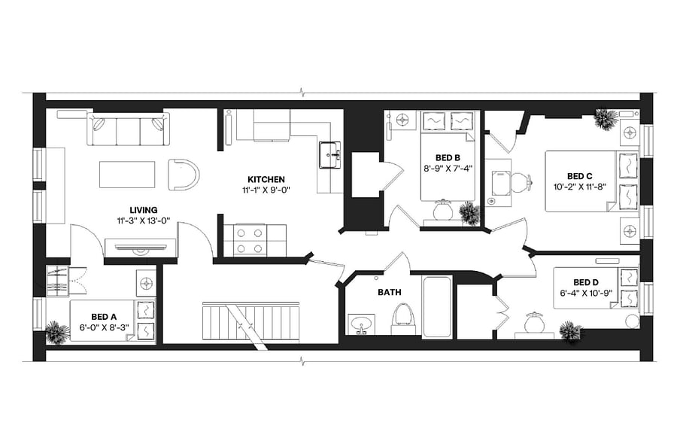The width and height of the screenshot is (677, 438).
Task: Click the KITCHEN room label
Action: coord(266,179)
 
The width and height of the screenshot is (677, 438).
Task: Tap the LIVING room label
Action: coord(144,211)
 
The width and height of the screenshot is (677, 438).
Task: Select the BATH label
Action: coord(390,293)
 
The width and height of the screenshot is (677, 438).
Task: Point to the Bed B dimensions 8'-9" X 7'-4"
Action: coord(446,168)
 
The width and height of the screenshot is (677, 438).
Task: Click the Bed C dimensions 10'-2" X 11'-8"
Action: coord(580,187)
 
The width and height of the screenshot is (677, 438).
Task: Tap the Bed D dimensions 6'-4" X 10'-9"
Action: coord(586,293)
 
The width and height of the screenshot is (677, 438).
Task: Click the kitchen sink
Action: coord(330,154)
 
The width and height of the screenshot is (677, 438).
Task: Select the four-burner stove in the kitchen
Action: coord(250,241)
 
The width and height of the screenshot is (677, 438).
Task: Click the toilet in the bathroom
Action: coord(402,318)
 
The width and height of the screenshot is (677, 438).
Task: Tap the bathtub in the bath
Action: coord(437,306)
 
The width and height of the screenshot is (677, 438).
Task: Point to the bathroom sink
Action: coord(362,324)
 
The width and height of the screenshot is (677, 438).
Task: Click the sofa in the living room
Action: coord(128,129)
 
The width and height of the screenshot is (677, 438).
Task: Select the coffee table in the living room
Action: coord(127,175)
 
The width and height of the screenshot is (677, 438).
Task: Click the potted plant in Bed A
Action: coord(57,332)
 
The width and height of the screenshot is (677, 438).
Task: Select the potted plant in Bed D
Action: coord(570,331)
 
